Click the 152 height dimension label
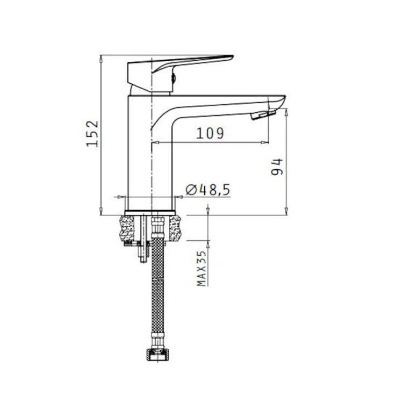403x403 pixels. (x=92, y=134)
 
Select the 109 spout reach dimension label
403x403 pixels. (x=210, y=133)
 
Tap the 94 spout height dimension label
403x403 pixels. (x=277, y=167)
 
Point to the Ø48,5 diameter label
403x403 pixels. (x=207, y=190)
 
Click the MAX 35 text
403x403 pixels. (x=201, y=268)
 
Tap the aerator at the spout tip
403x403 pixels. (x=263, y=114)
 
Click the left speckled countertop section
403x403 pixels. (x=127, y=229)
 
